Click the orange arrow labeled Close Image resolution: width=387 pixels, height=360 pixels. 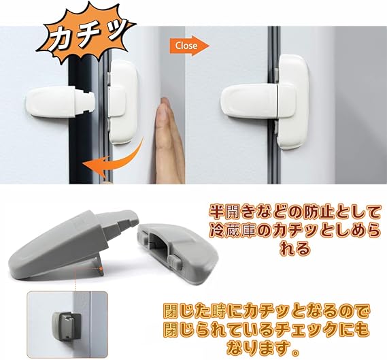pos(190,46)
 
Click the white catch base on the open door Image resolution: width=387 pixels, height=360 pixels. pos(122,101)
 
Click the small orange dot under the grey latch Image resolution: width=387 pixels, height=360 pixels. pos(101,268)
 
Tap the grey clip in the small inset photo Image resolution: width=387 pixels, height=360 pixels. pos(67,325)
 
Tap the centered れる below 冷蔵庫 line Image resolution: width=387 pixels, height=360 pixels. pos(295,249)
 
